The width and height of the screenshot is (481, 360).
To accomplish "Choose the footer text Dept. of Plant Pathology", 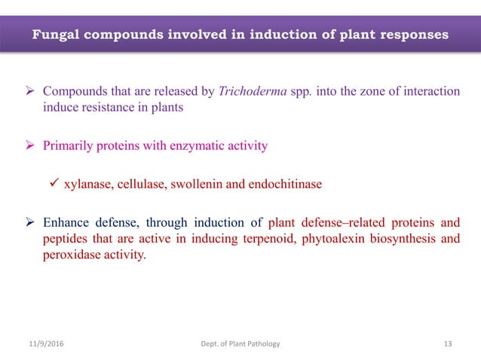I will (x=240, y=343).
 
